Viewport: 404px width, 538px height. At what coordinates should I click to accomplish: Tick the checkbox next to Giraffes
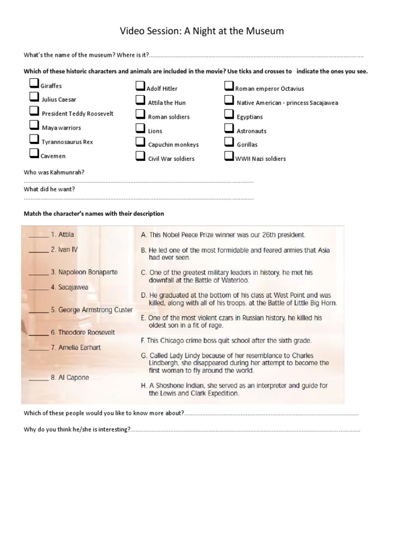(34, 84)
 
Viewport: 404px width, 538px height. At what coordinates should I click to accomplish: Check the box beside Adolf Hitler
(140, 87)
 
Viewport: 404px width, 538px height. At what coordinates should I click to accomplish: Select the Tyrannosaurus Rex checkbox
(34, 140)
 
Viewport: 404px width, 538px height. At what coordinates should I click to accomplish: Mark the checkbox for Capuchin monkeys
(140, 142)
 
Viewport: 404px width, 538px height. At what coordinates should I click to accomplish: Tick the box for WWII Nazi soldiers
(229, 156)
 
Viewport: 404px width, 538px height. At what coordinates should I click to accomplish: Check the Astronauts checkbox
(229, 129)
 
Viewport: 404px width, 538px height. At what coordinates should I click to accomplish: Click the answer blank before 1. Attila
(38, 235)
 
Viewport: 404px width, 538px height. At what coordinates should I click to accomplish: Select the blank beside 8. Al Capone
(38, 378)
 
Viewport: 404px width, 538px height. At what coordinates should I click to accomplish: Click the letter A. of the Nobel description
(143, 235)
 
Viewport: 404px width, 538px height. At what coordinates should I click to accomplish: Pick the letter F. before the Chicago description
(143, 340)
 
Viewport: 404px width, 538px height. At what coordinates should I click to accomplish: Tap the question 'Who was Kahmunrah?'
(54, 172)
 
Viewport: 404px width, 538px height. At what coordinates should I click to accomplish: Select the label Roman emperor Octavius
(269, 89)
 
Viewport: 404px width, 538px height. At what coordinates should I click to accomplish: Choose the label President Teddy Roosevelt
(77, 113)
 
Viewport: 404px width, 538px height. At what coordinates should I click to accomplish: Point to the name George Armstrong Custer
(92, 310)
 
